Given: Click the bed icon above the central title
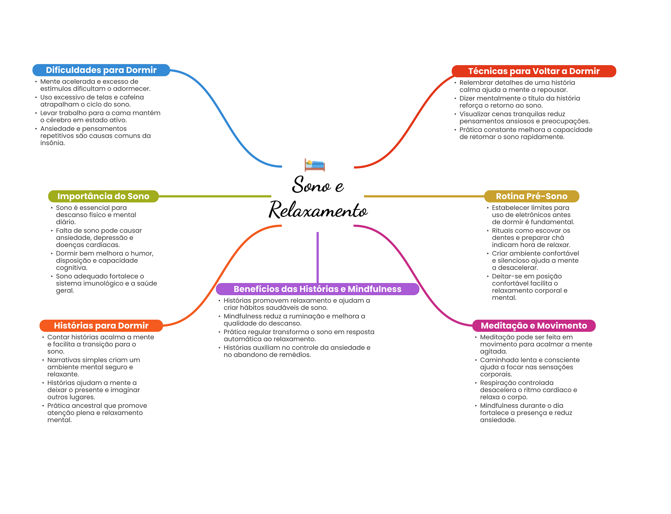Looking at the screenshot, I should point(315,165).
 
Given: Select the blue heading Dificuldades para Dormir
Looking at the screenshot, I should point(101,70).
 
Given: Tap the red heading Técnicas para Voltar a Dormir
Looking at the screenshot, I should point(534,71).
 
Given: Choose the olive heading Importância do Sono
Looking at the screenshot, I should point(103,196).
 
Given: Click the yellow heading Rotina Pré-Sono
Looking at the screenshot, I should point(531,196).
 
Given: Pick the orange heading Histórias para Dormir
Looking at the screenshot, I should point(101,326).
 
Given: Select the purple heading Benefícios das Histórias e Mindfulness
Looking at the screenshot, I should point(317,289).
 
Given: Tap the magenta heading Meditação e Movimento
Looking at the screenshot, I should point(534,326).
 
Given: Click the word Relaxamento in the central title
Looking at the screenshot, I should point(318,211).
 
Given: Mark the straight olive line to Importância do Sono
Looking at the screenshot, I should point(215,196).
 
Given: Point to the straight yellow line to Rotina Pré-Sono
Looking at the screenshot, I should point(424,196).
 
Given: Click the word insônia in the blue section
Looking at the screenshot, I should point(52,143).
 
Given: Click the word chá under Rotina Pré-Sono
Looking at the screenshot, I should point(558,238).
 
